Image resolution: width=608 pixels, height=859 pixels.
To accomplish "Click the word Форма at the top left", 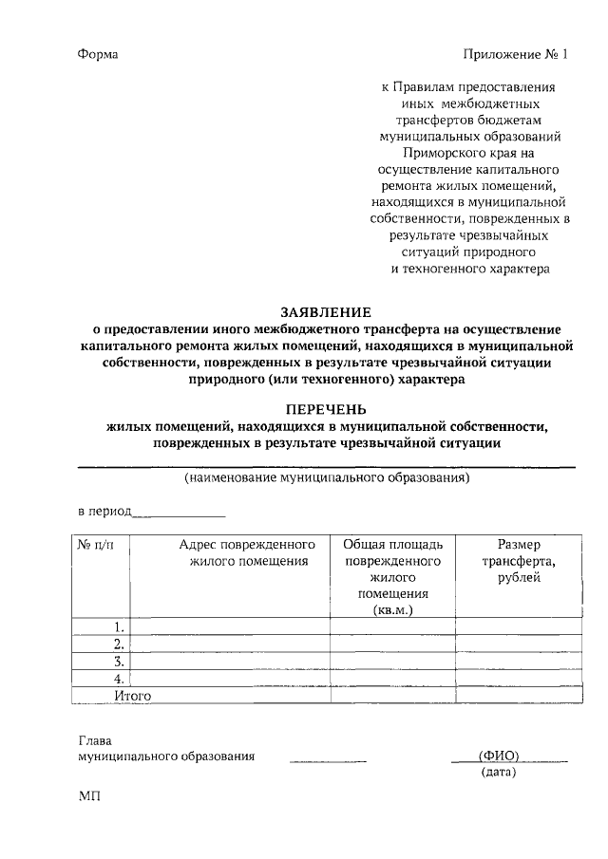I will click(98, 54).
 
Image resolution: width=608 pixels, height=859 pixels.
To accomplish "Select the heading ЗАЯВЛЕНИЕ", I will click(326, 310).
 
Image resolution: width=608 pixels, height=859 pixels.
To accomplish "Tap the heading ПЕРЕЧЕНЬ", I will click(326, 409).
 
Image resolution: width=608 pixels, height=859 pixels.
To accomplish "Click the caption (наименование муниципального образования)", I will click(327, 478).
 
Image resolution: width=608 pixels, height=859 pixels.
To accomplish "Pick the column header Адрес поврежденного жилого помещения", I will click(246, 553).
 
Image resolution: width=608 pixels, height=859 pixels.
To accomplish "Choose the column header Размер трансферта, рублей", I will click(518, 561).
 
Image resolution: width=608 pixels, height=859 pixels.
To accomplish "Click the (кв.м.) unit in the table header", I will click(392, 610).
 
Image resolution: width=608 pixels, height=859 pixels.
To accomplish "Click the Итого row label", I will click(132, 696).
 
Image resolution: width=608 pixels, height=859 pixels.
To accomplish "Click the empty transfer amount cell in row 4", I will click(518, 679).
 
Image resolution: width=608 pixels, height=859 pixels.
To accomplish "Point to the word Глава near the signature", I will click(94, 740).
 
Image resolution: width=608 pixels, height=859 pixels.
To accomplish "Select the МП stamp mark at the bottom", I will click(88, 797).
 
